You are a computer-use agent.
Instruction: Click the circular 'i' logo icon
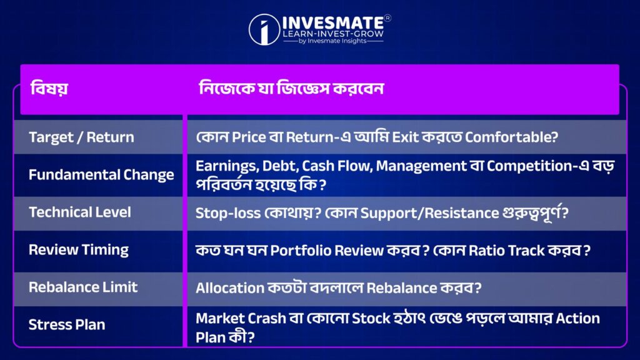[264, 29]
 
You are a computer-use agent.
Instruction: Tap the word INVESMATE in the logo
[333, 22]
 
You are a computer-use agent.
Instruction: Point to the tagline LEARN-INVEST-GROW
[333, 34]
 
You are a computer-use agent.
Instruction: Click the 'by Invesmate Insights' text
[332, 41]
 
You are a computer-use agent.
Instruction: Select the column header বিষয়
[49, 88]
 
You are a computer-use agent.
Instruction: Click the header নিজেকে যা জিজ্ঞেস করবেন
[291, 88]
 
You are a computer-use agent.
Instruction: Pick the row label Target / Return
[81, 137]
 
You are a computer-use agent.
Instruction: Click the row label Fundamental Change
[101, 175]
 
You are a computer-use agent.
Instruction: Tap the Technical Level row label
[79, 212]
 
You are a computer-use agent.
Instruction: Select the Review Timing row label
[78, 250]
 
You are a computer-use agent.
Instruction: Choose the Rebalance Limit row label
[83, 287]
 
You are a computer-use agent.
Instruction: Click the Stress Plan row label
[67, 325]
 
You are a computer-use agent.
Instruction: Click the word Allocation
[230, 288]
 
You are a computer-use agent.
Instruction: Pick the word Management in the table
[421, 166]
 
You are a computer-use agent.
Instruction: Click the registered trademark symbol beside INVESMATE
[387, 18]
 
